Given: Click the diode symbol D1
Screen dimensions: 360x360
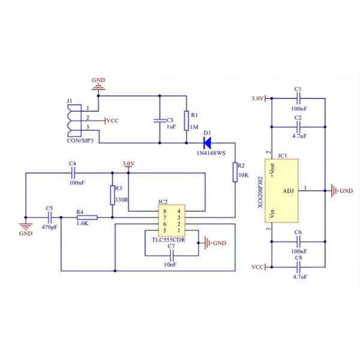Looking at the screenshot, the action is pyautogui.click(x=208, y=143).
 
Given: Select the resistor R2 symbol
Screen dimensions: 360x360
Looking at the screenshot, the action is pyautogui.click(x=235, y=172).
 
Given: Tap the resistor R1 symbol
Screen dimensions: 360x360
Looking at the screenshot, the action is pyautogui.click(x=187, y=121).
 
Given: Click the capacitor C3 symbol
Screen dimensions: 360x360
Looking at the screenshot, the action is pyautogui.click(x=160, y=121).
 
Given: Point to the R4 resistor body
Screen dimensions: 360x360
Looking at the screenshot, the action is pyautogui.click(x=87, y=217).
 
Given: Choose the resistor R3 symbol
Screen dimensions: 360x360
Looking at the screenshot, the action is pyautogui.click(x=112, y=195).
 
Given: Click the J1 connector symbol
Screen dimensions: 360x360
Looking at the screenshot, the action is pyautogui.click(x=74, y=121).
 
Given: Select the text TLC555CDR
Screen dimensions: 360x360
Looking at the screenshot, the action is pyautogui.click(x=168, y=240).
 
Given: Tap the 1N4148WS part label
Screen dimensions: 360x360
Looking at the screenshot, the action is pyautogui.click(x=211, y=153).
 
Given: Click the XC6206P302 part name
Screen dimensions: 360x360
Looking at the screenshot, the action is pyautogui.click(x=260, y=192).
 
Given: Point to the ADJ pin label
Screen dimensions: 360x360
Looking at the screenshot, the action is pyautogui.click(x=288, y=191).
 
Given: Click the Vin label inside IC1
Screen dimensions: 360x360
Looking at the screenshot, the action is pyautogui.click(x=272, y=214).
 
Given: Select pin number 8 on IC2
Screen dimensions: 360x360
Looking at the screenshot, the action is pyautogui.click(x=164, y=211).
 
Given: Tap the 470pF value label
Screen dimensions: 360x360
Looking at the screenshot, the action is pyautogui.click(x=50, y=227).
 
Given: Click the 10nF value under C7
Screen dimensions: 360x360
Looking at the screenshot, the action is pyautogui.click(x=170, y=265).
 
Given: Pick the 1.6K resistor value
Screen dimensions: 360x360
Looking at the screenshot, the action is pyautogui.click(x=82, y=223).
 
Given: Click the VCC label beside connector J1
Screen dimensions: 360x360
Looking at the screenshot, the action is pyautogui.click(x=113, y=121).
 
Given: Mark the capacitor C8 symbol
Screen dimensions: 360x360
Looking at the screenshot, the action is pyautogui.click(x=298, y=267).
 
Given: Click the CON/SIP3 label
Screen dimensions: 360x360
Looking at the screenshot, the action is pyautogui.click(x=80, y=140).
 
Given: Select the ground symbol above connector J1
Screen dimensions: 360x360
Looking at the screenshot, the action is pyautogui.click(x=98, y=87).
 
